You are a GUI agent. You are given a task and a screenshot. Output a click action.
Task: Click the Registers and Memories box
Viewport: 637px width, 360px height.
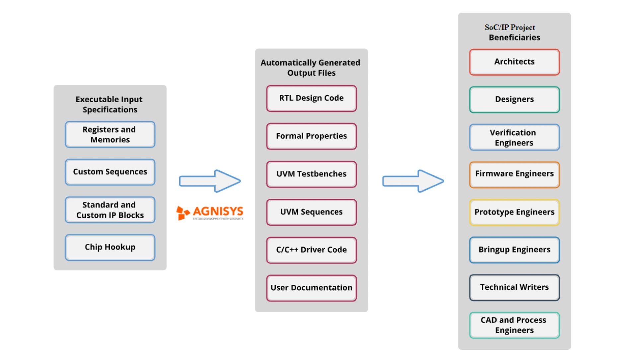point(110,134)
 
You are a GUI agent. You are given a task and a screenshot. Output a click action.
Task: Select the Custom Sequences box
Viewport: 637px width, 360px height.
point(110,172)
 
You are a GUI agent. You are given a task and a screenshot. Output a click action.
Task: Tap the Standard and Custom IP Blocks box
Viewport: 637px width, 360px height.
point(110,210)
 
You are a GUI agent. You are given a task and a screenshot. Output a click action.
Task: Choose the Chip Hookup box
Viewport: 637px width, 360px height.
point(110,247)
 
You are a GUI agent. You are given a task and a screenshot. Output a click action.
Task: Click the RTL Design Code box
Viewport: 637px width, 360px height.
point(311,98)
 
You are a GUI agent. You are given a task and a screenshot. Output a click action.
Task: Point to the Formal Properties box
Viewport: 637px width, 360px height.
point(311,136)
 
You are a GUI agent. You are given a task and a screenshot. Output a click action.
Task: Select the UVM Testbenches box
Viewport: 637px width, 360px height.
point(311,174)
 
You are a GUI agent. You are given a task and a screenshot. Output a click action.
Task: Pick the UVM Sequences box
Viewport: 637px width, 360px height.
point(311,212)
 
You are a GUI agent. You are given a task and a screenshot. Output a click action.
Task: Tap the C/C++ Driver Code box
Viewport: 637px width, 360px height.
point(311,250)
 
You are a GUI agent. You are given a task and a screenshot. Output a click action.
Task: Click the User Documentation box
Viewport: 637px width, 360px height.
point(311,288)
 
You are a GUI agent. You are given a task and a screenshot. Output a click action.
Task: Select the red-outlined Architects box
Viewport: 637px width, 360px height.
point(514,62)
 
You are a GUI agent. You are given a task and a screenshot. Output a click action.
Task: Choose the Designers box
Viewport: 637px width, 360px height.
point(514,100)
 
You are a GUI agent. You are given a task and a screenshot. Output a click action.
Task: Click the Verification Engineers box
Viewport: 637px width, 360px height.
point(514,137)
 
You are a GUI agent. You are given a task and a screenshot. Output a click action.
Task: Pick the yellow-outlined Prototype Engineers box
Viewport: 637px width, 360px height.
point(514,212)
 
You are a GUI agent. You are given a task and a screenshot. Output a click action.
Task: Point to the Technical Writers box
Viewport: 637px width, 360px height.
point(514,287)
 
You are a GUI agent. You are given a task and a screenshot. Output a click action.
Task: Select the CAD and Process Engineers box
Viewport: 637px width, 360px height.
point(514,325)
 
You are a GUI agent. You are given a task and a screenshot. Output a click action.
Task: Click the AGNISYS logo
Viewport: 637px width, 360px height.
point(210,213)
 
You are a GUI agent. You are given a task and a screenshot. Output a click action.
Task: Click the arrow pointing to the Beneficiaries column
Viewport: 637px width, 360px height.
point(413,181)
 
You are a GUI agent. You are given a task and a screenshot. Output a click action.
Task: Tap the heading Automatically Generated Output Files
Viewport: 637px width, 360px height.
point(311,68)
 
